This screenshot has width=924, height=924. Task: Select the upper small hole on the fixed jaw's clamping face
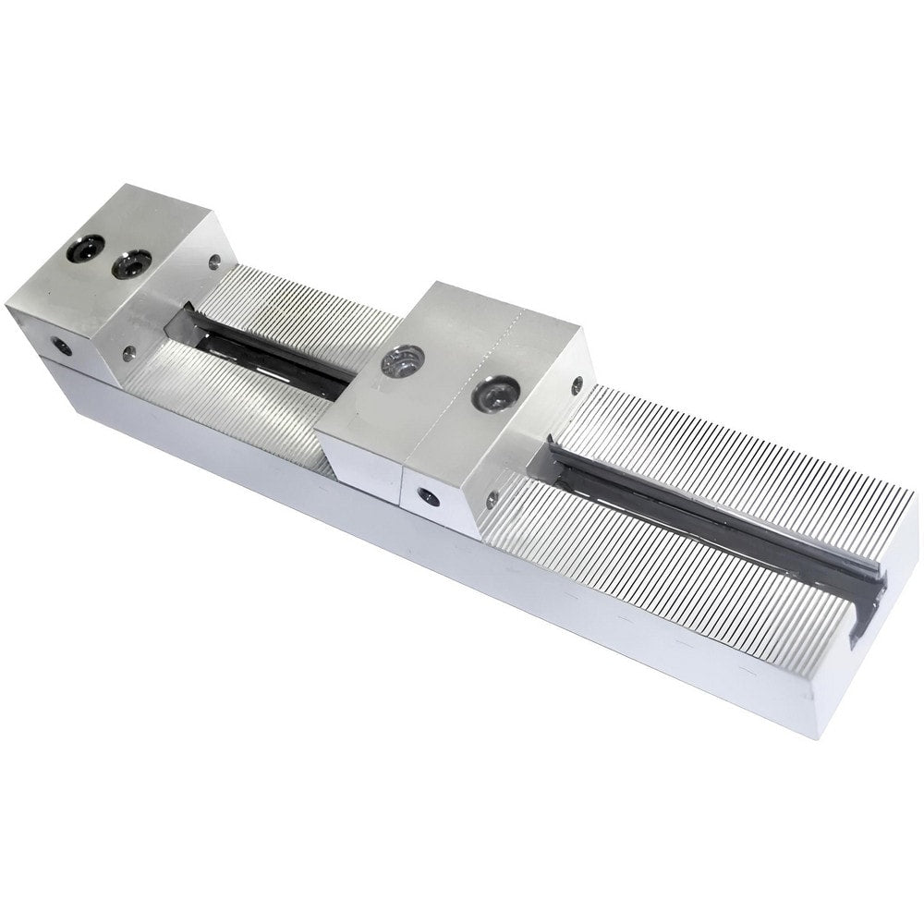click(x=214, y=262)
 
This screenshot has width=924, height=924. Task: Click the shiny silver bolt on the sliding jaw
click(x=403, y=360)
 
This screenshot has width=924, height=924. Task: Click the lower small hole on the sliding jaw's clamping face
click(x=492, y=500)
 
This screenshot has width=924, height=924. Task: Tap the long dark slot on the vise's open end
click(x=711, y=517)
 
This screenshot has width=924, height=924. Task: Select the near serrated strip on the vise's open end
click(x=665, y=582)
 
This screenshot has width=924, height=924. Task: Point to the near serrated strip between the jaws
click(x=231, y=407)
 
